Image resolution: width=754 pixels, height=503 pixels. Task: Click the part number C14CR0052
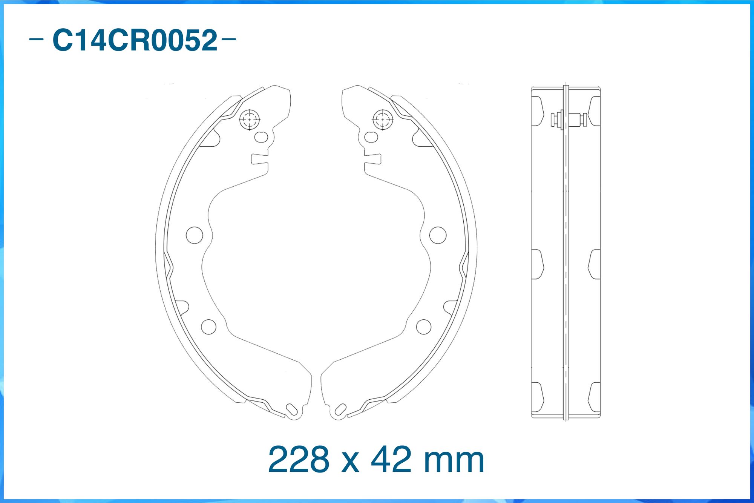135,40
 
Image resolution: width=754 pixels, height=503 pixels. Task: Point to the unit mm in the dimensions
454,462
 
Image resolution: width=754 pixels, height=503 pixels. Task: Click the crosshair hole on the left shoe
250,120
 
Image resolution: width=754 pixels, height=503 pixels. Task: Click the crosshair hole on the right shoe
383,120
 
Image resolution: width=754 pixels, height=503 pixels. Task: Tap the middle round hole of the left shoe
195,235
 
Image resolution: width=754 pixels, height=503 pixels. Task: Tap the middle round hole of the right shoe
438,235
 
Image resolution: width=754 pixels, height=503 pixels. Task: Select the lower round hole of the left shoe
208,327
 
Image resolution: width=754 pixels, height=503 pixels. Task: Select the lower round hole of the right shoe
424,327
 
